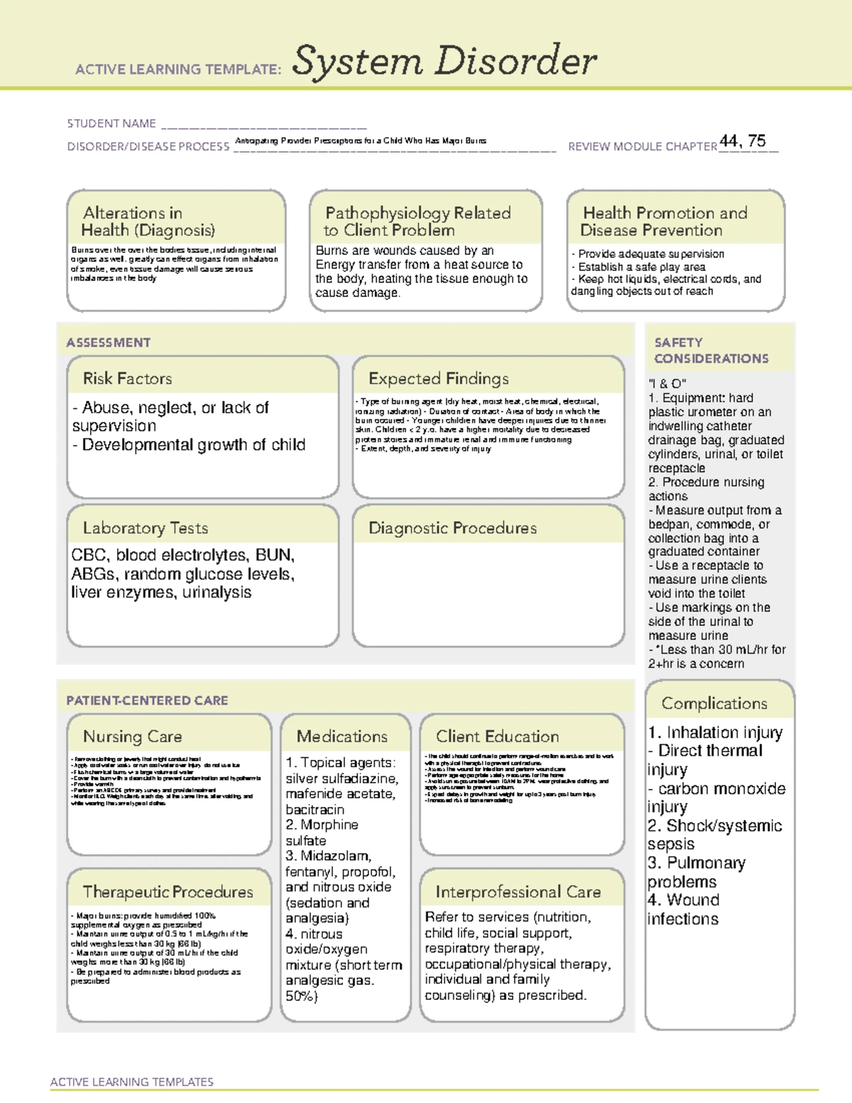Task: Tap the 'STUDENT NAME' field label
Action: point(111,124)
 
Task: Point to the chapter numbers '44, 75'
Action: point(743,141)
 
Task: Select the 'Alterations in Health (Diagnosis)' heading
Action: point(148,222)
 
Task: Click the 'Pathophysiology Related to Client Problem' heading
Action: point(417,222)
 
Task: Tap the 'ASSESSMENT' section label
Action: point(109,342)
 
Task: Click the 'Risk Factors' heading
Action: point(128,379)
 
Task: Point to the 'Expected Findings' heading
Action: point(438,379)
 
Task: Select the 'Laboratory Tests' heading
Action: point(146,528)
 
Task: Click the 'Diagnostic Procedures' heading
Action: point(452,528)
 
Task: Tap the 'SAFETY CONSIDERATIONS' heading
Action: point(711,351)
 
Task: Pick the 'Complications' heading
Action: point(714,703)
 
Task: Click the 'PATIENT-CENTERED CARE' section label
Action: point(147,700)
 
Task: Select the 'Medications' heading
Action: point(342,737)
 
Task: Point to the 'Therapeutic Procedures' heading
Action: point(168,891)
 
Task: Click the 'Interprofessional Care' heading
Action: point(518,891)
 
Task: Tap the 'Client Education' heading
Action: point(497,737)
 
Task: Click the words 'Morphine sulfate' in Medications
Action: point(322,832)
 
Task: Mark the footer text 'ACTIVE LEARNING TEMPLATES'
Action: point(132,1082)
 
